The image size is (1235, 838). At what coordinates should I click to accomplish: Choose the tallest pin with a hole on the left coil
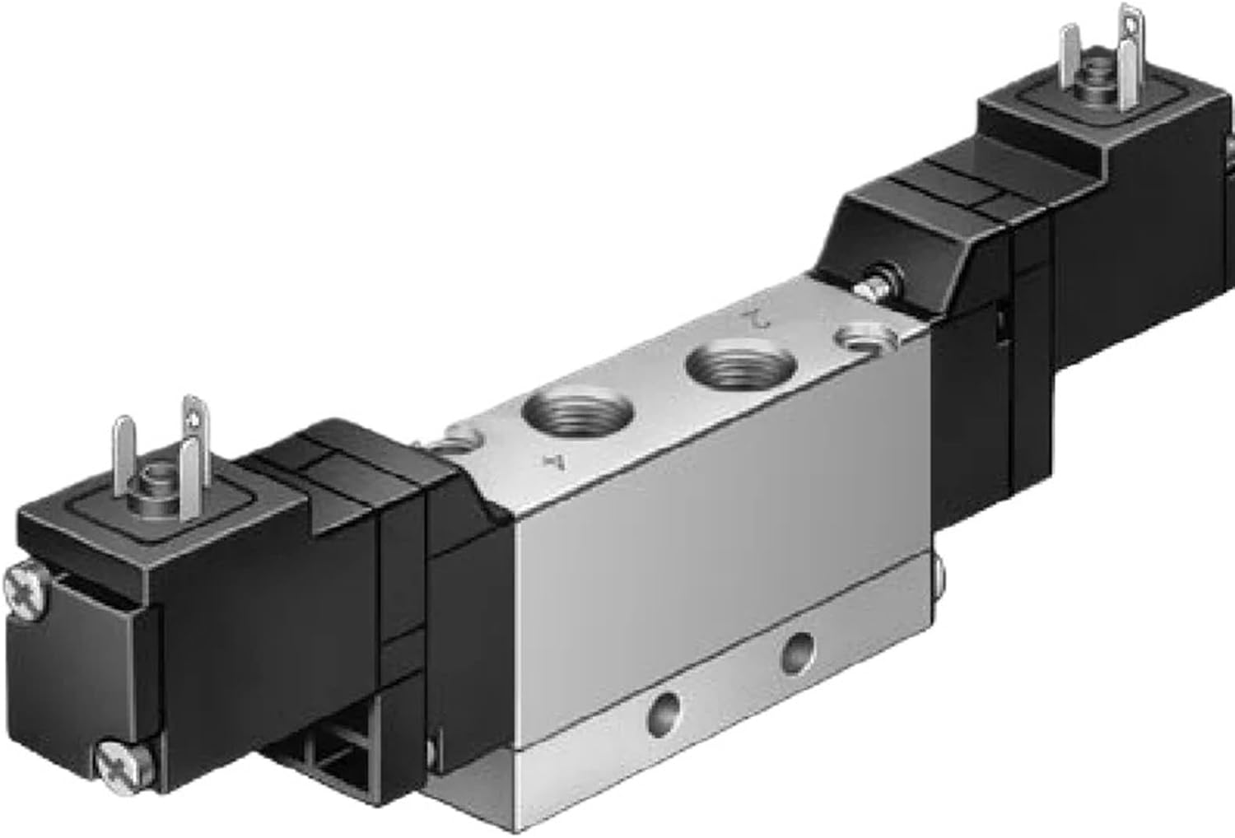pyautogui.click(x=194, y=436)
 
